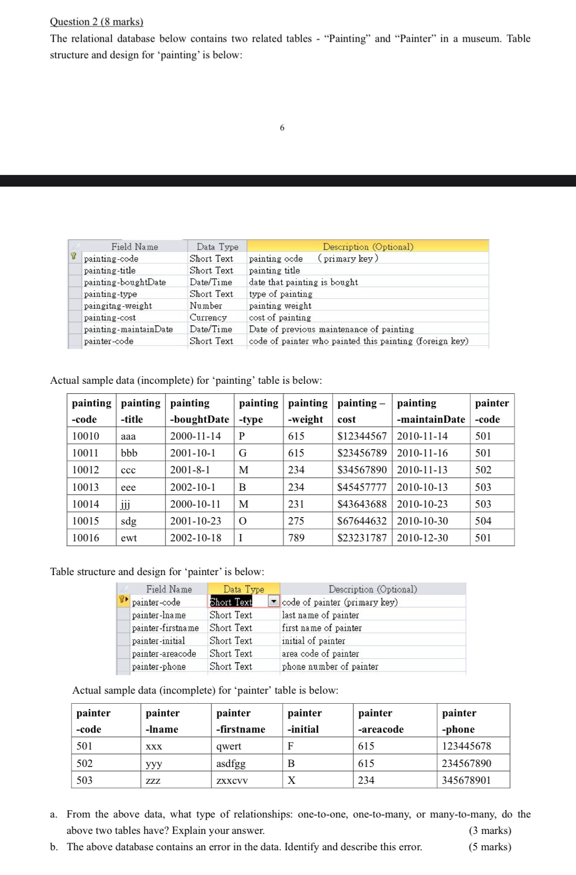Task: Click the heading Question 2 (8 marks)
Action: (x=97, y=22)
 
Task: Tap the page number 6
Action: (x=282, y=128)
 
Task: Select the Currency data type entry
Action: (x=208, y=317)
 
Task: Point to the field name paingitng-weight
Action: (x=118, y=306)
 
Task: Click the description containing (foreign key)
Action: (x=358, y=341)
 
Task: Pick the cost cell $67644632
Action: (x=362, y=521)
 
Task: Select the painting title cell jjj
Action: (x=126, y=504)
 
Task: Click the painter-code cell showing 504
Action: (x=483, y=521)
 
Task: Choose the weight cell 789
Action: (x=296, y=538)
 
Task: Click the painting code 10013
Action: (x=85, y=487)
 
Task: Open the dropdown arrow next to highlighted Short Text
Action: (x=273, y=601)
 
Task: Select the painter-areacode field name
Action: (x=164, y=654)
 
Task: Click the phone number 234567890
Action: (x=466, y=763)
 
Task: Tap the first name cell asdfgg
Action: (x=231, y=763)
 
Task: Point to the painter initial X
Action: (x=291, y=780)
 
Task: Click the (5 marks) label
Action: (x=489, y=847)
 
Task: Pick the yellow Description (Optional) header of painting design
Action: (x=368, y=246)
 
